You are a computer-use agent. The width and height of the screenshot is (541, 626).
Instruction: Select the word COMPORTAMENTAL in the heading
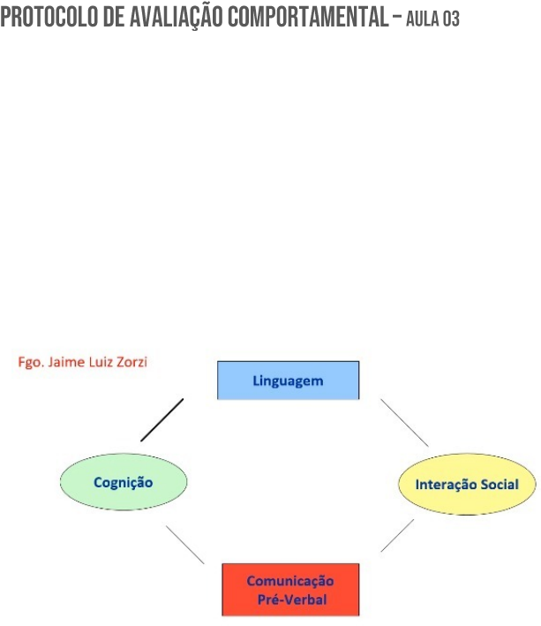pos(297,19)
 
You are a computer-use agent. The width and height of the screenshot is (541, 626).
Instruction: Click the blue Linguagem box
pos(288,381)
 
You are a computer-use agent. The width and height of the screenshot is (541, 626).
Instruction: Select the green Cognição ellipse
pos(123,482)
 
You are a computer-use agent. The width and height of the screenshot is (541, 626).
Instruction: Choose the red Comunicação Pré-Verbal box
pos(289,589)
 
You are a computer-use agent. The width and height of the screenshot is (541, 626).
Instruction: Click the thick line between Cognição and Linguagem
pos(162,420)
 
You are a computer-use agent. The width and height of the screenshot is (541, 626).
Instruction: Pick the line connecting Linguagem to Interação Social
pos(404,422)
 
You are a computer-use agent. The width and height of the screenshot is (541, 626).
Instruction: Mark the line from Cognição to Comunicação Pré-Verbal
pos(185,545)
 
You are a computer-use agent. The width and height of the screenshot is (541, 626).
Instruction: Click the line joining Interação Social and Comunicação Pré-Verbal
pos(397,536)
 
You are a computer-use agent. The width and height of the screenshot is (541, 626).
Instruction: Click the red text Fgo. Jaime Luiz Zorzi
pos(83,363)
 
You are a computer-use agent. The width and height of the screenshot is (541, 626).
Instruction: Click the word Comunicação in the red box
pos(289,580)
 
